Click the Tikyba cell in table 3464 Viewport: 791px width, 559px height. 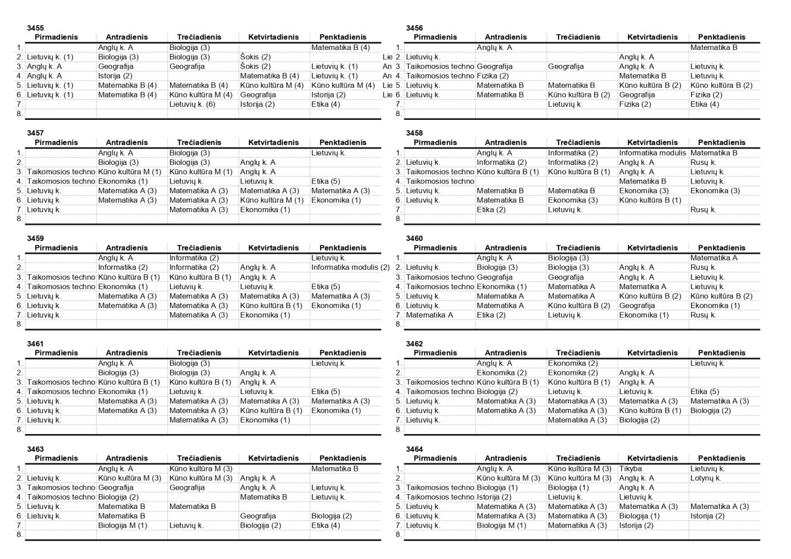[x=631, y=469]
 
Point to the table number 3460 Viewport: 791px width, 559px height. [x=415, y=238]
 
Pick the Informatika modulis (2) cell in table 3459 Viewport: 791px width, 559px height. [x=350, y=267]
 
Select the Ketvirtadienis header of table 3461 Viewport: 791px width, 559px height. [x=273, y=353]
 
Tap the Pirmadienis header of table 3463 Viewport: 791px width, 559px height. [x=56, y=458]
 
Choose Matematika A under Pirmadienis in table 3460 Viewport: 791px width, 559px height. [x=429, y=315]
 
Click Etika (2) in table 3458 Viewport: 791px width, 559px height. [x=491, y=209]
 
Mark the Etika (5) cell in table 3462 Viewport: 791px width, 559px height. [x=705, y=392]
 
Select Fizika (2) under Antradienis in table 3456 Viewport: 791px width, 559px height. [x=492, y=76]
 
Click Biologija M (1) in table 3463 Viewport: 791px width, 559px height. [x=122, y=526]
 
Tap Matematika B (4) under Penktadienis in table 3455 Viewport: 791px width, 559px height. [x=341, y=47]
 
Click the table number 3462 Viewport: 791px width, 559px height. [x=415, y=343]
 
